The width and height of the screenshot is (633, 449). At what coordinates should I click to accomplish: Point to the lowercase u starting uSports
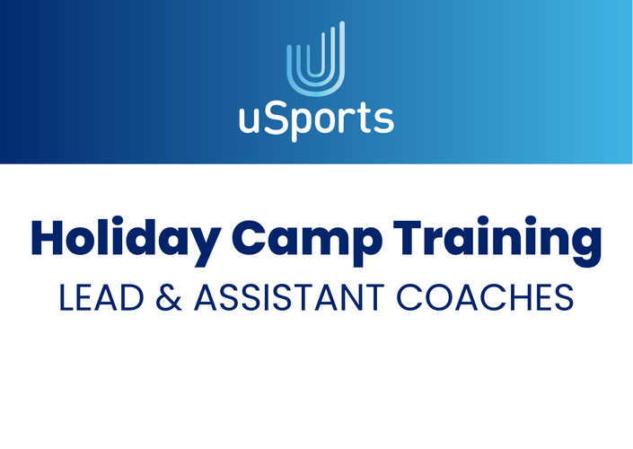(x=249, y=120)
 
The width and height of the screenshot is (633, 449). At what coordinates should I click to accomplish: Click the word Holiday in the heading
(x=127, y=242)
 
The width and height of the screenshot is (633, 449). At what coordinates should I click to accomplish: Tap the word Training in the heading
(x=497, y=242)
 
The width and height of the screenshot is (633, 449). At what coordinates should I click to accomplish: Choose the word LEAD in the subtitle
(x=101, y=297)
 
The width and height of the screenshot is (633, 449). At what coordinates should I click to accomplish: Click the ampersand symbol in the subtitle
(x=169, y=297)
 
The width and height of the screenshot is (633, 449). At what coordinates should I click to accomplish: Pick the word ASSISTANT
(x=289, y=297)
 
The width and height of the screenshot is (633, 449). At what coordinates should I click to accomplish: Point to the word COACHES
(x=485, y=297)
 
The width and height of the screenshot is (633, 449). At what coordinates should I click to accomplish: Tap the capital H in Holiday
(x=48, y=237)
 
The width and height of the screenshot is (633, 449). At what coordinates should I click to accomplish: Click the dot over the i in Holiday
(x=118, y=220)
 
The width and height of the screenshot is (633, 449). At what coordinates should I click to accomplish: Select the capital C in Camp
(x=248, y=237)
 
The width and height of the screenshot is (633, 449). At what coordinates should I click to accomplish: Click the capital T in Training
(x=409, y=237)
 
